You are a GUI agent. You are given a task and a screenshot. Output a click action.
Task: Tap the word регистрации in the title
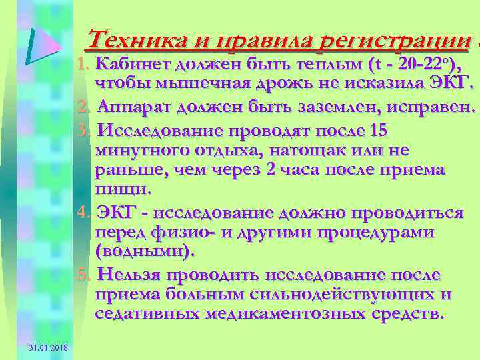(396, 41)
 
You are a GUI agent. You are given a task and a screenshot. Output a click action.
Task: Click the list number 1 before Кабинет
(83, 64)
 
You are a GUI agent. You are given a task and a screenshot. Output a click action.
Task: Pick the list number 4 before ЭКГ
(83, 213)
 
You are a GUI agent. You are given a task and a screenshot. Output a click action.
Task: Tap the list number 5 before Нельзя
(83, 275)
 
